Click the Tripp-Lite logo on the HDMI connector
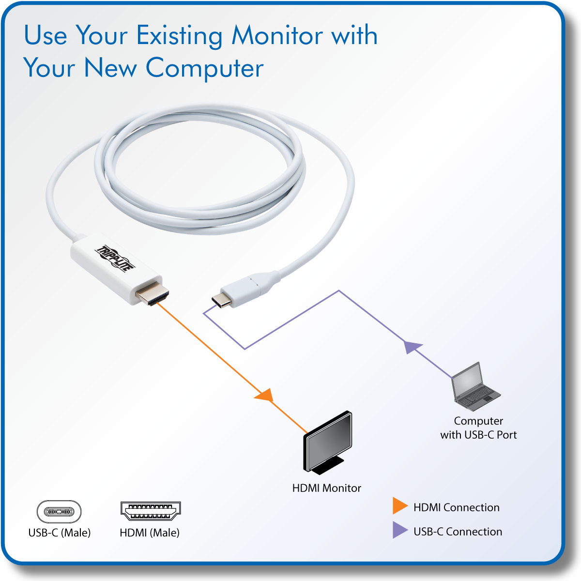[115, 259]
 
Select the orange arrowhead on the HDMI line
[265, 396]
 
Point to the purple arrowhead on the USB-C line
[413, 347]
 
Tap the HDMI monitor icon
[328, 443]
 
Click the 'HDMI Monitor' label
[326, 488]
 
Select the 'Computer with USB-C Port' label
[478, 428]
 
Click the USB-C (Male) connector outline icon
[59, 512]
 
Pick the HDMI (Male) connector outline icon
[150, 511]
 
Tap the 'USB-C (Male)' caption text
[60, 533]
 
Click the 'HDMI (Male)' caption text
[150, 533]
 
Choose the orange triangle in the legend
[399, 506]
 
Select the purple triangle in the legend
[399, 530]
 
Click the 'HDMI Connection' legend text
[456, 507]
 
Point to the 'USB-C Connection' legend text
[458, 532]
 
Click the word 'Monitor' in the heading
[277, 35]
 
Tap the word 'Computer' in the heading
[204, 68]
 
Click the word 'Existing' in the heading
[180, 36]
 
